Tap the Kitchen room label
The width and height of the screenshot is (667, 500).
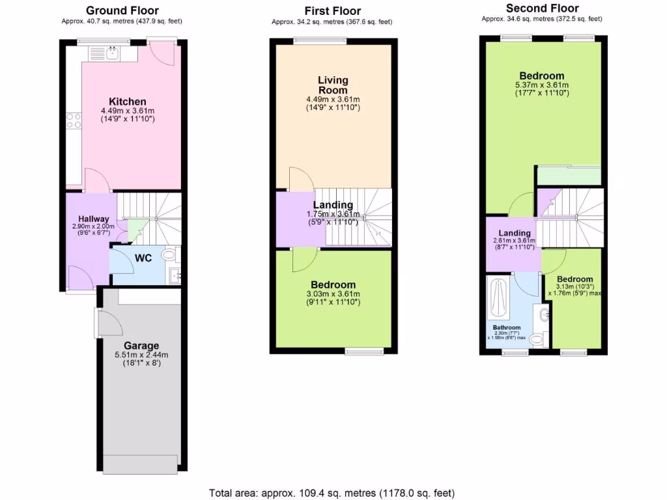tap(127, 102)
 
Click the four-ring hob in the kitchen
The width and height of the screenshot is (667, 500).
tap(73, 120)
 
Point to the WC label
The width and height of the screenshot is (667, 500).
tap(143, 258)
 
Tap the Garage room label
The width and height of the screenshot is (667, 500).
tap(141, 346)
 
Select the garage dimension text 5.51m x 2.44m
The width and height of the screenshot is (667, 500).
tap(141, 355)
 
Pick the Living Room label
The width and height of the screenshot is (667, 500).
tap(333, 85)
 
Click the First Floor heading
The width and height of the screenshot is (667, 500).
tap(332, 11)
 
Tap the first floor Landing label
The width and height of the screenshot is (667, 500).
tap(333, 205)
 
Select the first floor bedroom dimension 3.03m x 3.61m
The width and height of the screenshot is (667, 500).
tap(333, 294)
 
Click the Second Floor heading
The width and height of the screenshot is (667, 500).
tap(542, 8)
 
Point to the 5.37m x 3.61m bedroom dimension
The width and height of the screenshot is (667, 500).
tap(542, 85)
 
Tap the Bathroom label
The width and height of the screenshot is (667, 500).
tap(506, 327)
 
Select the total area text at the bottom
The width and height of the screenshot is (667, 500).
tap(332, 493)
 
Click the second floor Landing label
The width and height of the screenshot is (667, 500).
tap(515, 233)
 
